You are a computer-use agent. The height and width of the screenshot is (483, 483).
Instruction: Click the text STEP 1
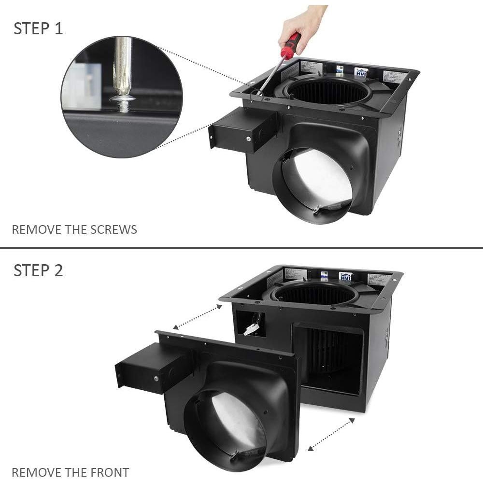pyautogui.click(x=38, y=28)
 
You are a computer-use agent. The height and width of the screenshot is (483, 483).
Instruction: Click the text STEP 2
pyautogui.click(x=38, y=270)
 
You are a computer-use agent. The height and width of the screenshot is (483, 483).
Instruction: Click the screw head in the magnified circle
pyautogui.click(x=123, y=99)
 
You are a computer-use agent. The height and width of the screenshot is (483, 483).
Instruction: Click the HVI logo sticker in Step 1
pyautogui.click(x=361, y=72)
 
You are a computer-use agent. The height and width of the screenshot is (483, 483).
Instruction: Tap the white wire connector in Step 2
pyautogui.click(x=251, y=329)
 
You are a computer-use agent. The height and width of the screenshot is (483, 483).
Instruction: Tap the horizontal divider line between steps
pyautogui.click(x=241, y=248)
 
